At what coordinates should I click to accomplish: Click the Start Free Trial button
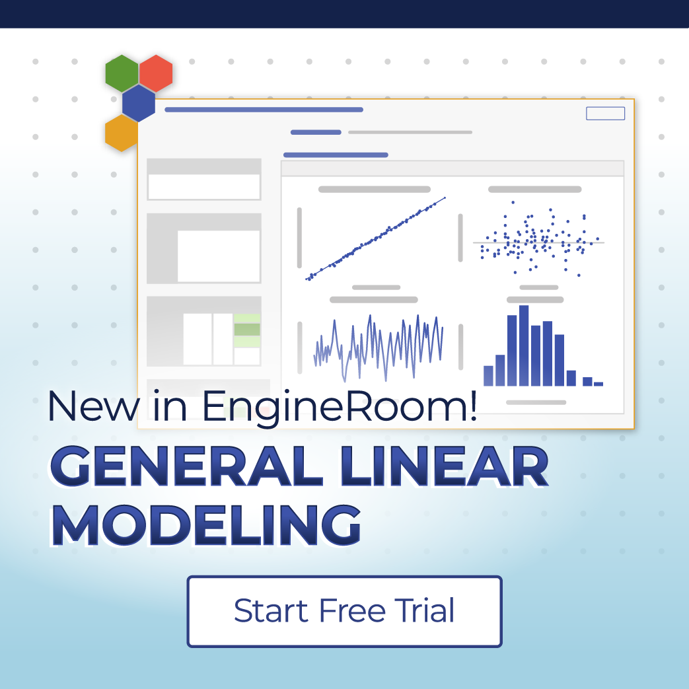pos(344,611)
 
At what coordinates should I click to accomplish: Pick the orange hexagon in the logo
pos(121,133)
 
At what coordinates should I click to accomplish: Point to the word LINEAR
pos(456,468)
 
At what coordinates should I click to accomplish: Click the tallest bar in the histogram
pos(524,345)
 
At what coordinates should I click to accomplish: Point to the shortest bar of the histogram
pos(598,383)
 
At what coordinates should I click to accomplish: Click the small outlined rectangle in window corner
pos(605,114)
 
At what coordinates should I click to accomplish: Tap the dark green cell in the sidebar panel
pos(247,330)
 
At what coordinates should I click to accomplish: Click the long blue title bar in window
pos(264,110)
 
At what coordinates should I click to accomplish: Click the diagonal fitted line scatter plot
pos(375,238)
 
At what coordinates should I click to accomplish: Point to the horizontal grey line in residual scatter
pos(538,243)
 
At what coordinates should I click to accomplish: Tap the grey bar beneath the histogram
pos(536,402)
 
